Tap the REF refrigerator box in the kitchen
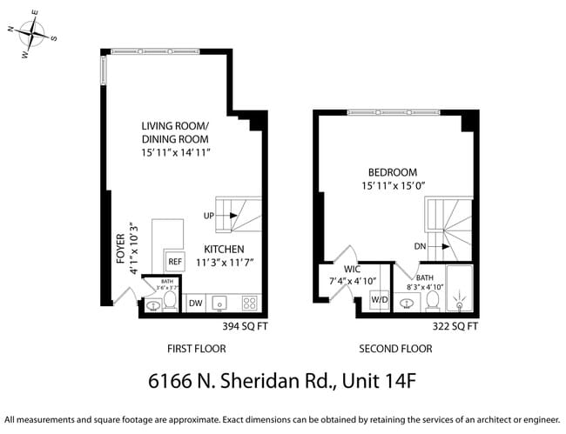click(174, 261)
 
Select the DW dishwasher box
click(196, 303)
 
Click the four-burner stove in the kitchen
click(249, 303)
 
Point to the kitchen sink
click(221, 304)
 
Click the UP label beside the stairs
click(209, 216)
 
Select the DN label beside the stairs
click(420, 246)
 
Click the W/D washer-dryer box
click(379, 300)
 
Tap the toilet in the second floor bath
click(430, 300)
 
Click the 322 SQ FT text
click(455, 327)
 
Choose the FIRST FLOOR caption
click(196, 349)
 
